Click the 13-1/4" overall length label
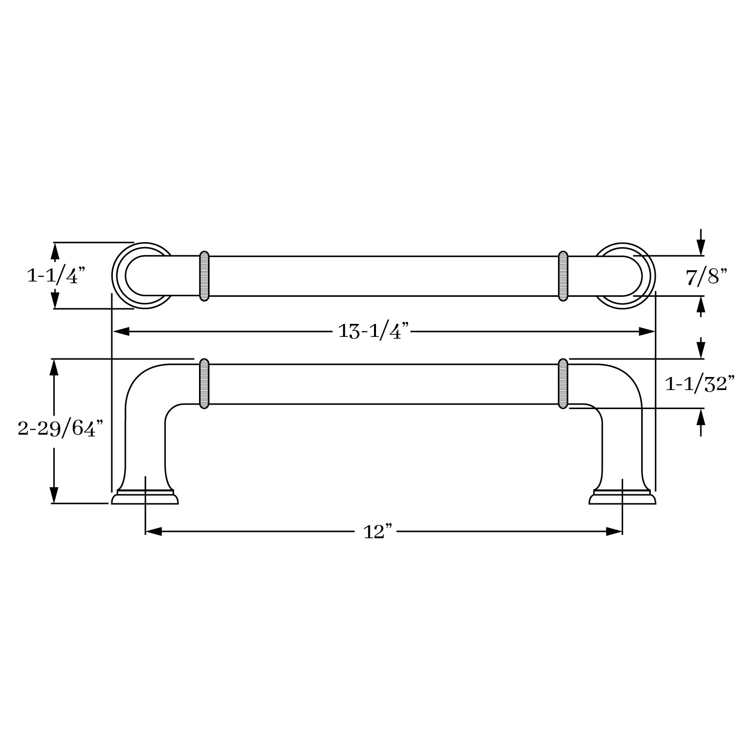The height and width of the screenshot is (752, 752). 374,331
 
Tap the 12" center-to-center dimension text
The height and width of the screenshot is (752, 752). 377,531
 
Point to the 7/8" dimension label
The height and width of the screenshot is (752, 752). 706,276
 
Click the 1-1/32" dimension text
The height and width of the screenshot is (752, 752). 700,384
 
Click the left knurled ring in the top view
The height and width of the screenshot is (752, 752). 204,276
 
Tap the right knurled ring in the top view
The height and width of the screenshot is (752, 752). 563,276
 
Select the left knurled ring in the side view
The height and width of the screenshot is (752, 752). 204,384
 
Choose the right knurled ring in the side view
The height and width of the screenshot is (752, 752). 563,384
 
